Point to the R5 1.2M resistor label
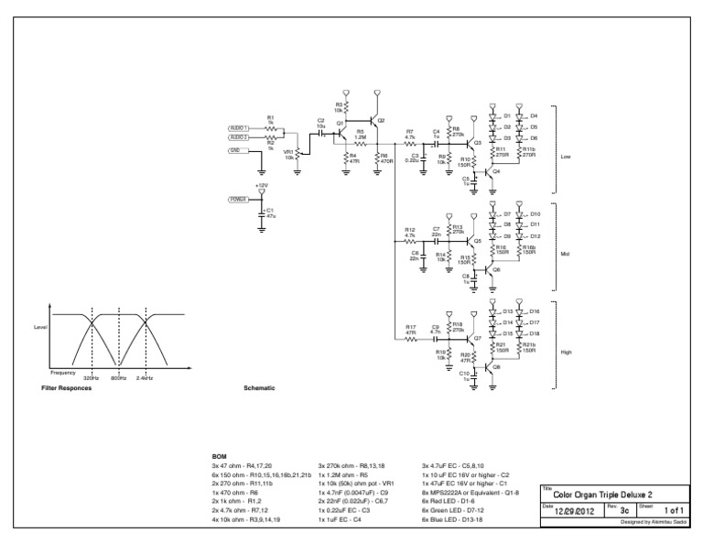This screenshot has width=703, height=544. point(361,135)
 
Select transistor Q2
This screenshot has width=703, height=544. point(374,121)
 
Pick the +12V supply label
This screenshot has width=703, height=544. point(262,186)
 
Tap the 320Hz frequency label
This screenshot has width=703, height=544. point(91,377)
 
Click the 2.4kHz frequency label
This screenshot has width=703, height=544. point(144,377)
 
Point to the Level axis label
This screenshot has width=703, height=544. point(40,327)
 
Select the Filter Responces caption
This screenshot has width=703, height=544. point(67,388)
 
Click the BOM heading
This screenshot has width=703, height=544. point(219,455)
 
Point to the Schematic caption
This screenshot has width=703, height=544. point(259,388)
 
